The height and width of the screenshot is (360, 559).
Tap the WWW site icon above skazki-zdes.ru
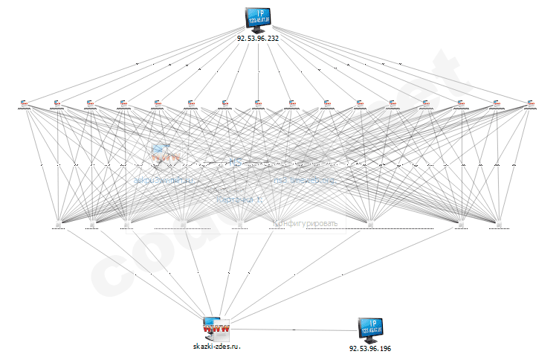[x=217, y=327]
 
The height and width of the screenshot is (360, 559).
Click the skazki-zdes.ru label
[x=217, y=347]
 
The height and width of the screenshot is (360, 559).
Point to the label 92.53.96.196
[x=370, y=348]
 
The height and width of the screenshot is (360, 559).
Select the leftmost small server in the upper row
[x=25, y=103]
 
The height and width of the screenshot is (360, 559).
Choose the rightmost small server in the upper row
[x=530, y=103]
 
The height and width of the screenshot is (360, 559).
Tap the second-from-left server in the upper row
[x=57, y=103]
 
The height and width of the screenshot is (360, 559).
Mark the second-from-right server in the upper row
[x=496, y=103]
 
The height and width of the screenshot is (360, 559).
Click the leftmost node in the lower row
[x=59, y=223]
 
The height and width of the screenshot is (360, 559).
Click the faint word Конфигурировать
[x=306, y=223]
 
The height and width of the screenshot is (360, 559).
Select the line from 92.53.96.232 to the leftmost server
[x=141, y=65]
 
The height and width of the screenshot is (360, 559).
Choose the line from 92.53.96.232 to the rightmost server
[x=394, y=65]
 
